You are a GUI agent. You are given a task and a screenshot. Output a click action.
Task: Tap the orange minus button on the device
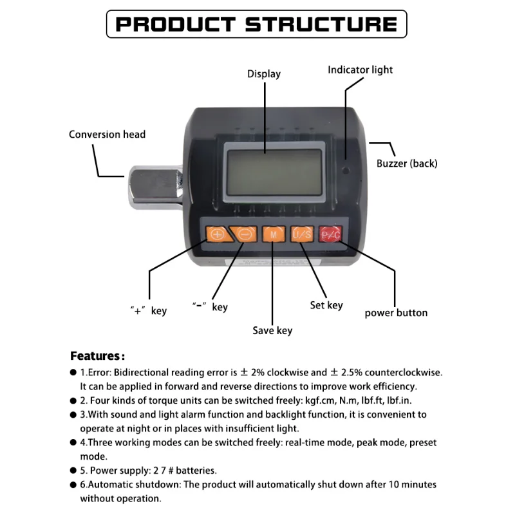click(x=245, y=234)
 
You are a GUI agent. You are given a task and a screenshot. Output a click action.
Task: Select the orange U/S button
click(x=302, y=234)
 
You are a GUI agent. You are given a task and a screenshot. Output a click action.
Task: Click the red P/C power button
click(x=330, y=234)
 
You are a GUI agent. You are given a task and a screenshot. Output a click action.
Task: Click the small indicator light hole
click(x=346, y=172)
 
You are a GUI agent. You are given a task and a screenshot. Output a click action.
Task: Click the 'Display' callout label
click(x=264, y=74)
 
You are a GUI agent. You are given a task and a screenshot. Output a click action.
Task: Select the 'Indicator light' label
click(x=360, y=70)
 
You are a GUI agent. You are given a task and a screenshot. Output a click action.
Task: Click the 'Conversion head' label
click(x=108, y=135)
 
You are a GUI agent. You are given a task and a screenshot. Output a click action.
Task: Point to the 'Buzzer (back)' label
click(x=407, y=164)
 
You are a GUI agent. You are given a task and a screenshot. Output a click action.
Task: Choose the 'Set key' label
click(x=326, y=305)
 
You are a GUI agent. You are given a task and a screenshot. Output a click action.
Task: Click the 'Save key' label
click(x=272, y=330)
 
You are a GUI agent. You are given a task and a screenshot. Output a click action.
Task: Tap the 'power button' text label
click(x=396, y=313)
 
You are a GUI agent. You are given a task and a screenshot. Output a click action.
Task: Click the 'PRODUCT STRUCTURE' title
click(x=256, y=24)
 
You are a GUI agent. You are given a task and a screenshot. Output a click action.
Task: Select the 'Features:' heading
click(x=97, y=356)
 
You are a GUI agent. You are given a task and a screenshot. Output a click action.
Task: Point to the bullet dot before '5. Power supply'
click(x=73, y=471)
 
